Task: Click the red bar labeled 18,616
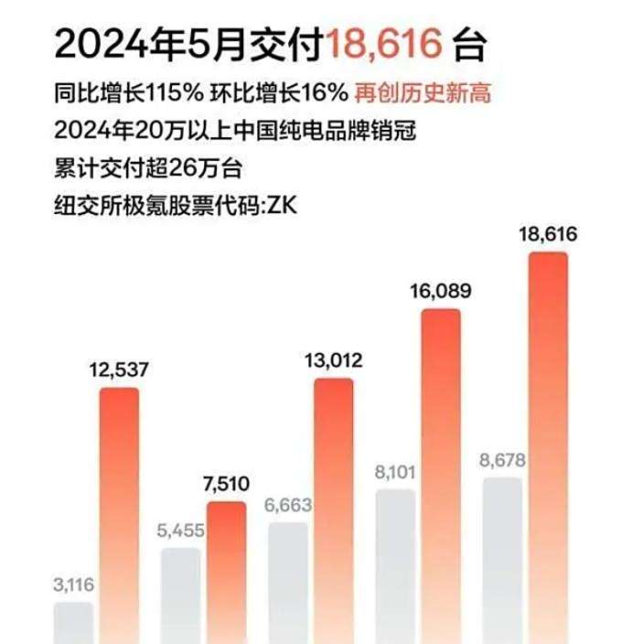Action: coord(548,448)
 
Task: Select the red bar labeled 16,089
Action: coord(441,476)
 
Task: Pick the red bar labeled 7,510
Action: coord(226,572)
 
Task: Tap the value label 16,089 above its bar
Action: coord(441,292)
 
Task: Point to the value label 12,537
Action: coord(119,370)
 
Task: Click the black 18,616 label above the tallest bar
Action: coord(548,235)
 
